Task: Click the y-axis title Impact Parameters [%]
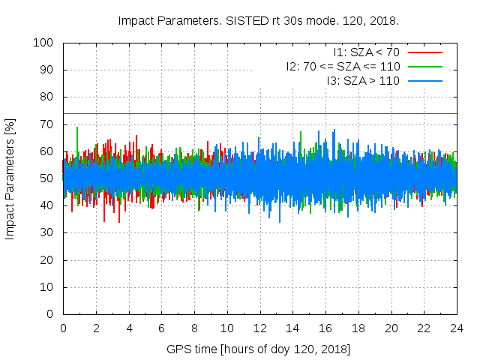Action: tap(10, 178)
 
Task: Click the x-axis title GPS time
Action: tap(259, 349)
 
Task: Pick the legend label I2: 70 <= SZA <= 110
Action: tap(342, 66)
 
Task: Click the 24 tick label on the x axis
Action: tap(456, 328)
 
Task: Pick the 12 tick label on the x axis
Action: tap(259, 328)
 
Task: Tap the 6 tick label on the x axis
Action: tap(161, 328)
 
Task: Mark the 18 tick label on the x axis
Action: tap(358, 328)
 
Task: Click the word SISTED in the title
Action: tap(230, 20)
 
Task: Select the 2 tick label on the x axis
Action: tap(96, 328)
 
